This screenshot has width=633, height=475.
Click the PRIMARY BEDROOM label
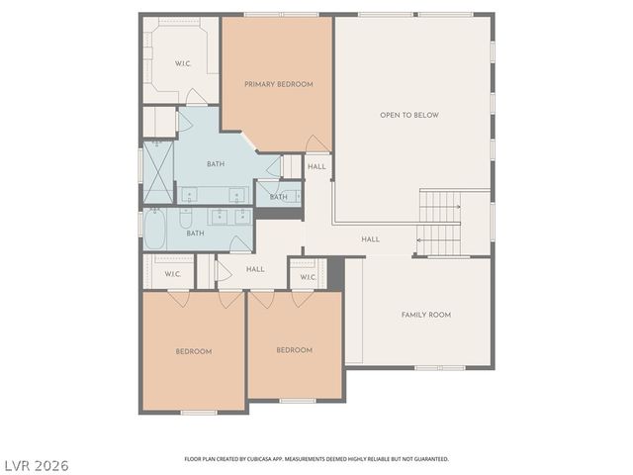[278, 84]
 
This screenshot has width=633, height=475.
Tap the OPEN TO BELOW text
[408, 115]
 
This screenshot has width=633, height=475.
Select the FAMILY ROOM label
[425, 315]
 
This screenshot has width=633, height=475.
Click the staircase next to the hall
[438, 223]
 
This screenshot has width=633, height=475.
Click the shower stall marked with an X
[158, 172]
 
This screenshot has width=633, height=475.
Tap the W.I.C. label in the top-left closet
[183, 63]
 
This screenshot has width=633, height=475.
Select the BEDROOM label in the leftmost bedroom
[194, 351]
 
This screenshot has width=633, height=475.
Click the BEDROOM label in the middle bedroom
[294, 350]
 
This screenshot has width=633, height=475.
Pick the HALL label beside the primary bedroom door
[316, 166]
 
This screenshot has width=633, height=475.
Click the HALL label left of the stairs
[370, 239]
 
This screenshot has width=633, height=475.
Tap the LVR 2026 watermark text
[37, 464]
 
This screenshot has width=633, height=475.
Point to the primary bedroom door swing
[317, 144]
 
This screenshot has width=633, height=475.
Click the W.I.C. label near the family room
[307, 277]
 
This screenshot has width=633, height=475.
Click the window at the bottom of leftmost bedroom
[199, 412]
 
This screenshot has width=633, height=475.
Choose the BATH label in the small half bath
[279, 197]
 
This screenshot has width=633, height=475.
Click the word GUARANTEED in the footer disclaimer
[427, 459]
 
